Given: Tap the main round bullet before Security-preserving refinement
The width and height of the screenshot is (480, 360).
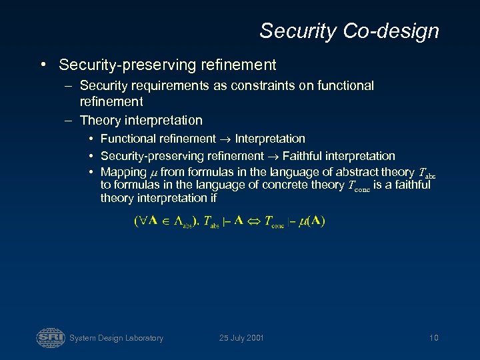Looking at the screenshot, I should (42, 65).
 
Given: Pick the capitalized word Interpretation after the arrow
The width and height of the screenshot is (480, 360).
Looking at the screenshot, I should (270, 139).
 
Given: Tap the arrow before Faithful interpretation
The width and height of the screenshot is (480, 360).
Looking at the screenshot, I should (273, 157).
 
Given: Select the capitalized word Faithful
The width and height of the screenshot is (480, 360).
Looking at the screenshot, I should (303, 157).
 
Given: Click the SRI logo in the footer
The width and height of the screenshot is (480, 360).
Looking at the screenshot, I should (51, 337).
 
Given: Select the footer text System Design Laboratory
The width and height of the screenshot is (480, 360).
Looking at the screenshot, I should (117, 338).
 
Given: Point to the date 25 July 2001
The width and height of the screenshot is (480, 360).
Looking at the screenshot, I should (241, 338).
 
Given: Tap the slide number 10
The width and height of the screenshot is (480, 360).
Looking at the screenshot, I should (433, 338).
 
